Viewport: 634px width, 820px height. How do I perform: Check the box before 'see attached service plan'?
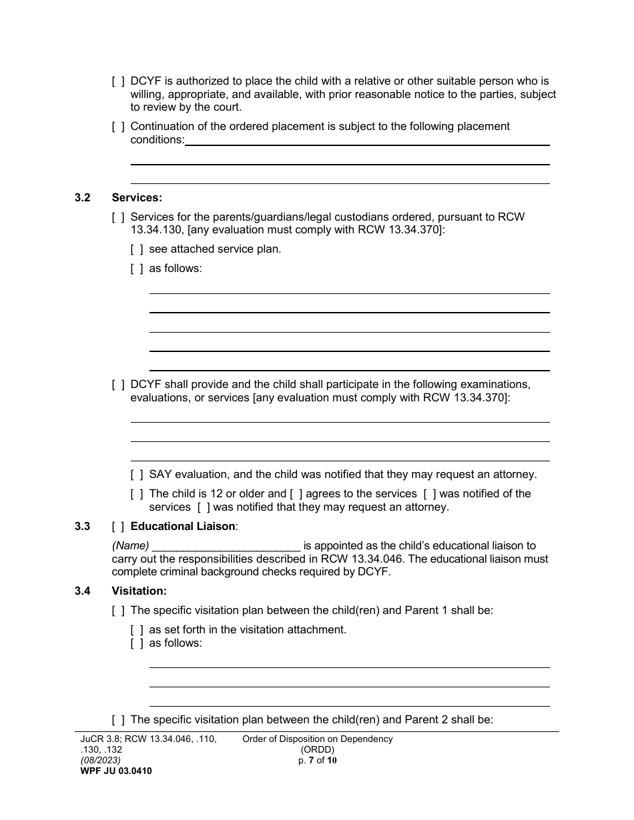(137, 249)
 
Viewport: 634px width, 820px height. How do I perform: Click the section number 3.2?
(83, 198)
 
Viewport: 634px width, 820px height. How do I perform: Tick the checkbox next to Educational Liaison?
(118, 527)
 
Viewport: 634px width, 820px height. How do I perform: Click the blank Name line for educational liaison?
(226, 547)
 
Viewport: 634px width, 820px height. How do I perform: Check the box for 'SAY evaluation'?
(137, 475)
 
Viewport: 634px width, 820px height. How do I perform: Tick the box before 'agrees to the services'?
(296, 495)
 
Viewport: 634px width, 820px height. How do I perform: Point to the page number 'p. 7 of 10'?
(318, 760)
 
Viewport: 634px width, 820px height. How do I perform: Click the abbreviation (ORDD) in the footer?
(318, 750)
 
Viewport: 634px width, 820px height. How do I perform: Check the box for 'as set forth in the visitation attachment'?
(137, 630)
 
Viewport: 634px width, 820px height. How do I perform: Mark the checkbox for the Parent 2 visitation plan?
(118, 720)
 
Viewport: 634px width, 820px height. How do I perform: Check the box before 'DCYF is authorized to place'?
(118, 81)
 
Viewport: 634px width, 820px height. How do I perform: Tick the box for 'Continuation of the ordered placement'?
(118, 127)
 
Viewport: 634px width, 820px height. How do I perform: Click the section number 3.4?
(83, 591)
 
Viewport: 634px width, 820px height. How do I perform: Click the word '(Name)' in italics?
(130, 546)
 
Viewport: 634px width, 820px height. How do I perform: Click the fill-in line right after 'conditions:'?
(367, 141)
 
